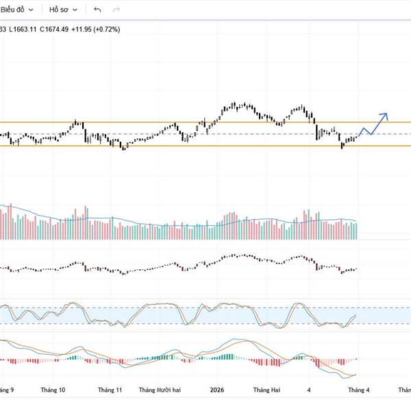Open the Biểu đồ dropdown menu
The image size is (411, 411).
click(x=16, y=10)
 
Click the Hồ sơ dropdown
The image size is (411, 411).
click(x=62, y=10)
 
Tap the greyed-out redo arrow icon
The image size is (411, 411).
click(x=116, y=10)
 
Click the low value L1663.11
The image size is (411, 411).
click(x=23, y=29)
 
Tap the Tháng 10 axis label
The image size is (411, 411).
click(x=53, y=390)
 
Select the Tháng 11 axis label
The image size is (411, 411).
click(x=110, y=390)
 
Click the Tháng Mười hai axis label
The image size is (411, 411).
click(x=160, y=390)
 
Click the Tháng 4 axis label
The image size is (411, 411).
click(x=358, y=390)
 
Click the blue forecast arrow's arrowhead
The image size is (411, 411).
click(x=385, y=115)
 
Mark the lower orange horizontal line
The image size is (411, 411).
click(x=206, y=145)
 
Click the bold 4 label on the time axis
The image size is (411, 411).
click(x=309, y=390)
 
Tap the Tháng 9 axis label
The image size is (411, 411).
click(x=7, y=390)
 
